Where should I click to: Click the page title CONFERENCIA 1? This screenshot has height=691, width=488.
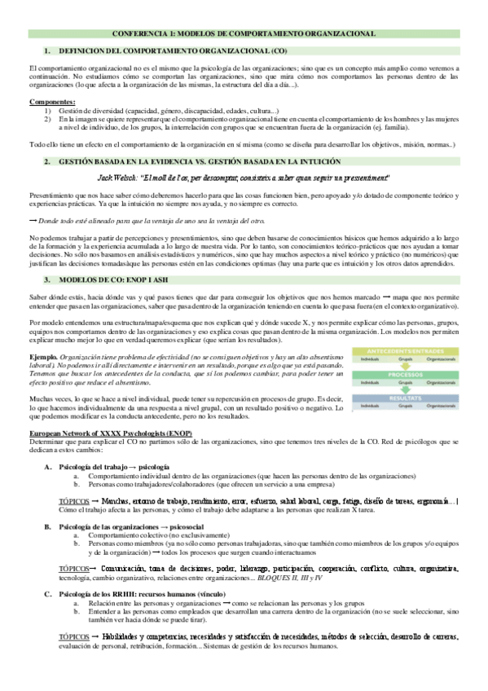point(244,35)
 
